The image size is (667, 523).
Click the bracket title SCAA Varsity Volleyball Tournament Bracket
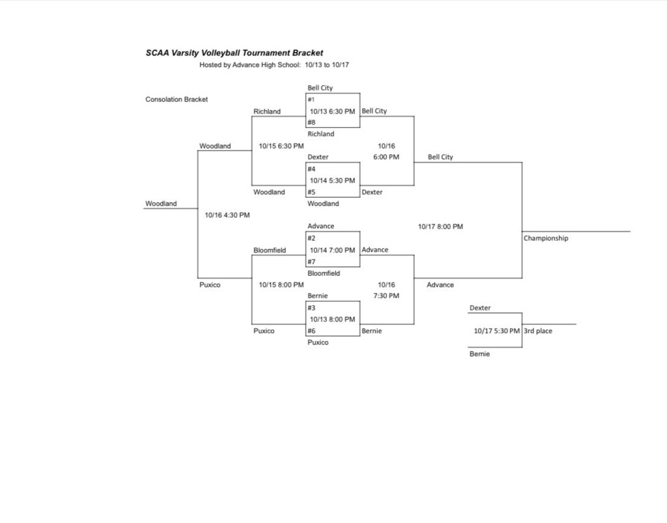234,53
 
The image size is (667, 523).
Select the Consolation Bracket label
177,99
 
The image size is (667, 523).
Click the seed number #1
311,99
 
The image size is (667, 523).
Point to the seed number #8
311,122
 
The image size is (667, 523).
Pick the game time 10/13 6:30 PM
332,111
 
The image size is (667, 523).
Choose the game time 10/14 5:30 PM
332,181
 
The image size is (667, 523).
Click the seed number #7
311,261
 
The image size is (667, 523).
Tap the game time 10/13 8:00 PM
332,319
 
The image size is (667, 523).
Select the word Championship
546,238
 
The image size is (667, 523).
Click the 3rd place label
538,331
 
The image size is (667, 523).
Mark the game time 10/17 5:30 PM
497,331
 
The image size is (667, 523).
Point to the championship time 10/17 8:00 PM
440,226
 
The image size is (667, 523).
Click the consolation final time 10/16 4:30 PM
227,215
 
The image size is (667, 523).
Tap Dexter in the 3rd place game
480,308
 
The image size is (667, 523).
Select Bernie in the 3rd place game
479,354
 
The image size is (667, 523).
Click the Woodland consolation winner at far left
161,203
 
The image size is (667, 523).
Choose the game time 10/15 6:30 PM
281,146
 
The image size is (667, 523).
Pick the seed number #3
311,307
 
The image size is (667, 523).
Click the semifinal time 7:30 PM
386,295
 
